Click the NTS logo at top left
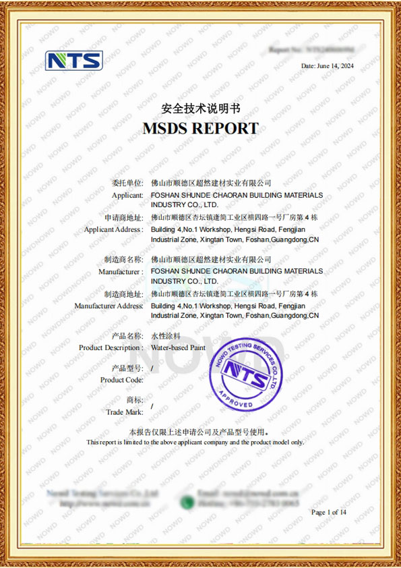[x=73, y=61]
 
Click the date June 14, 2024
[x=328, y=66]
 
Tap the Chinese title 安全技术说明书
[x=200, y=108]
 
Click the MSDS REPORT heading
[x=200, y=128]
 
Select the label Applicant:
[x=127, y=195]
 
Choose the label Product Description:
[x=111, y=347]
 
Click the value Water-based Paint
[x=178, y=347]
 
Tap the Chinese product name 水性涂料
[x=164, y=336]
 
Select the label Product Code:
[x=121, y=380]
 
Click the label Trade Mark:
[x=125, y=411]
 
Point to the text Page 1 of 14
[x=328, y=513]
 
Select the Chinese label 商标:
[x=134, y=400]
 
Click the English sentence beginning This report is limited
[x=195, y=443]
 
